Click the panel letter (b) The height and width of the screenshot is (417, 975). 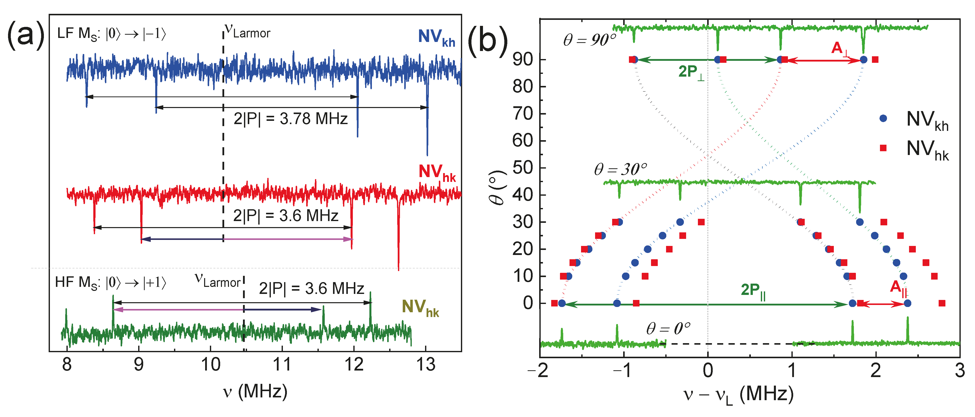click(487, 41)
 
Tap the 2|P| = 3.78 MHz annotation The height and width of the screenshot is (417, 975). click(290, 119)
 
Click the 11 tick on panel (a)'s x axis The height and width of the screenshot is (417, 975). click(282, 365)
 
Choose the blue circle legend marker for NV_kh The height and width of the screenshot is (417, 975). click(883, 119)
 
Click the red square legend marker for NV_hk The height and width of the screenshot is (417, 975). click(883, 148)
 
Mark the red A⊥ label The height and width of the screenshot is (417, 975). click(841, 48)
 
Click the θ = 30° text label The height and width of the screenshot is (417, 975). click(620, 169)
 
